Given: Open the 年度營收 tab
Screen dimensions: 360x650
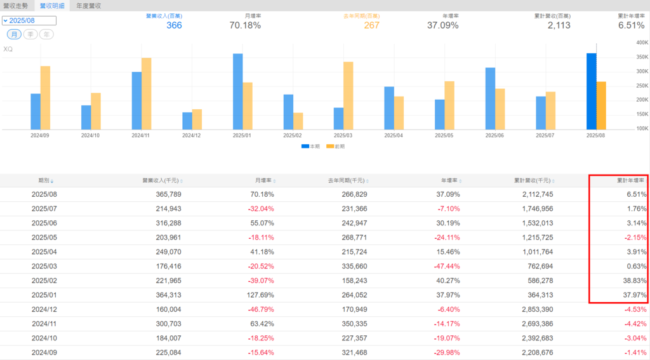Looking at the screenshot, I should click(89, 6).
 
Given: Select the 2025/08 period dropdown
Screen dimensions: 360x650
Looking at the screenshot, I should click(29, 21).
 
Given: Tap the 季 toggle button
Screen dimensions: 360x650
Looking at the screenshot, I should click(30, 34).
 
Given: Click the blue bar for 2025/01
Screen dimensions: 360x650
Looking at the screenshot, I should click(237, 91).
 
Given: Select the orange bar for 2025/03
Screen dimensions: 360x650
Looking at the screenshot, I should click(348, 96).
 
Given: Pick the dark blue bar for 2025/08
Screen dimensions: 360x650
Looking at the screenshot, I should click(591, 91).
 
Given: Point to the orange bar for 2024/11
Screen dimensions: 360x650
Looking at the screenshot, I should click(146, 94).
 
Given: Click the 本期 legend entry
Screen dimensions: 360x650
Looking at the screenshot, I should click(310, 146).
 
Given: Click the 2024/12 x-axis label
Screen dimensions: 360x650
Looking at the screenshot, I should click(192, 135).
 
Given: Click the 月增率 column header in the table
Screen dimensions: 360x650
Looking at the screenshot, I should click(262, 180).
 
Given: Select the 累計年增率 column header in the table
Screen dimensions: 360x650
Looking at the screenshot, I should click(631, 180).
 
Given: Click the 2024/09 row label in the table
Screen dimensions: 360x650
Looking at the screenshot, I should click(44, 352).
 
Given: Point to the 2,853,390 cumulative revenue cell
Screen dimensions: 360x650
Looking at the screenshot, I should click(535, 309).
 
